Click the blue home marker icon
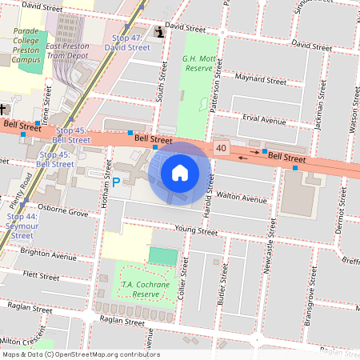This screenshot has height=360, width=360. (180, 172)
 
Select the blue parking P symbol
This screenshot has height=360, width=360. (116, 182)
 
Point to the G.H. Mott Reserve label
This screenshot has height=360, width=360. (198, 63)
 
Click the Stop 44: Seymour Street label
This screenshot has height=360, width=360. (22, 226)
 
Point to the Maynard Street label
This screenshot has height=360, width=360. (260, 79)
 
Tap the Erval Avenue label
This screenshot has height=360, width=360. (264, 121)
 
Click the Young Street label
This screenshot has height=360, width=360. (196, 230)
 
